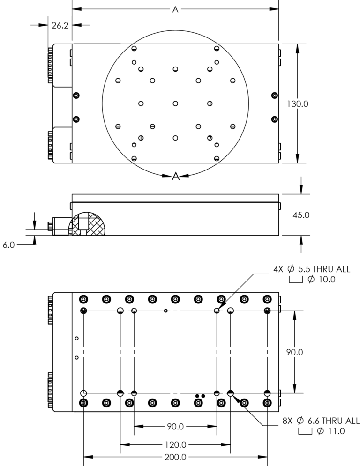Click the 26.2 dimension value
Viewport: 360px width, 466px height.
click(x=60, y=26)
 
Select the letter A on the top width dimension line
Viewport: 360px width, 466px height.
click(x=175, y=9)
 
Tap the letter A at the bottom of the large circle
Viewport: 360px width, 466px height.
click(x=176, y=176)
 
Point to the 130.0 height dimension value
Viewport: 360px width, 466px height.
click(x=298, y=104)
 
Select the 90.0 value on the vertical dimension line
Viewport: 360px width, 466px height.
click(x=295, y=352)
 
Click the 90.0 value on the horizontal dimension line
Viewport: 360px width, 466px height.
click(x=175, y=427)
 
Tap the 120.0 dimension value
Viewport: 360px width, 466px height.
click(x=175, y=444)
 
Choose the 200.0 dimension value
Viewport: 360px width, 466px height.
click(x=175, y=458)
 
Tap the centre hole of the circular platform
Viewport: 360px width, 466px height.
click(x=175, y=104)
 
